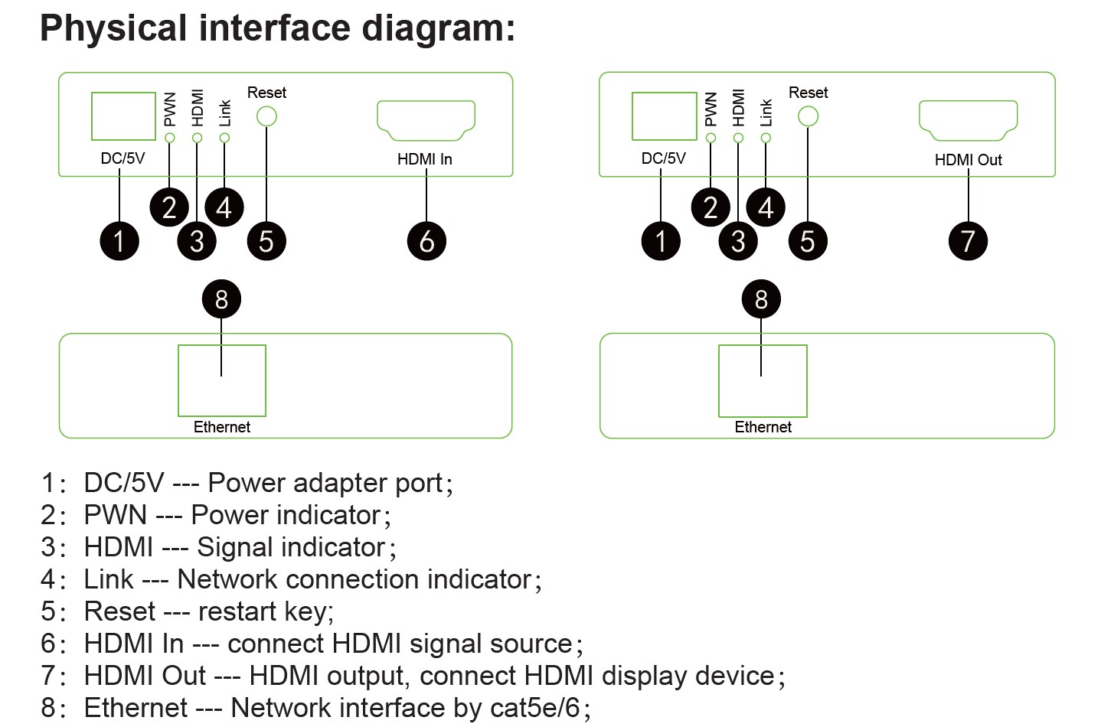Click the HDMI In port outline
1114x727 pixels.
[426, 119]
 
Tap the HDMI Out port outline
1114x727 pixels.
[968, 119]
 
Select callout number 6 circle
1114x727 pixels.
[426, 241]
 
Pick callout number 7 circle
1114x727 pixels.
[968, 241]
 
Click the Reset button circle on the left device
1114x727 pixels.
[266, 116]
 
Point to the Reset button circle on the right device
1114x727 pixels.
[808, 116]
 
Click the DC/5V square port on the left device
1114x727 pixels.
[123, 116]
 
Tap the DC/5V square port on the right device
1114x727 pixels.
[664, 116]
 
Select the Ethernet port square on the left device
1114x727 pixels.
[222, 380]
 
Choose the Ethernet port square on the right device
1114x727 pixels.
[763, 380]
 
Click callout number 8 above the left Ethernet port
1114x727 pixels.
[221, 299]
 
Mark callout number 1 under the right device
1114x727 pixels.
[661, 241]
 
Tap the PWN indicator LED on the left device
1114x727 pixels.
[170, 138]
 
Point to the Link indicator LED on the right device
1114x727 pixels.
[766, 138]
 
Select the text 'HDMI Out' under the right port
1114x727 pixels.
[968, 160]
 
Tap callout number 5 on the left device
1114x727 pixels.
[266, 241]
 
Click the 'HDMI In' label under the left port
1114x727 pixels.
[425, 159]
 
